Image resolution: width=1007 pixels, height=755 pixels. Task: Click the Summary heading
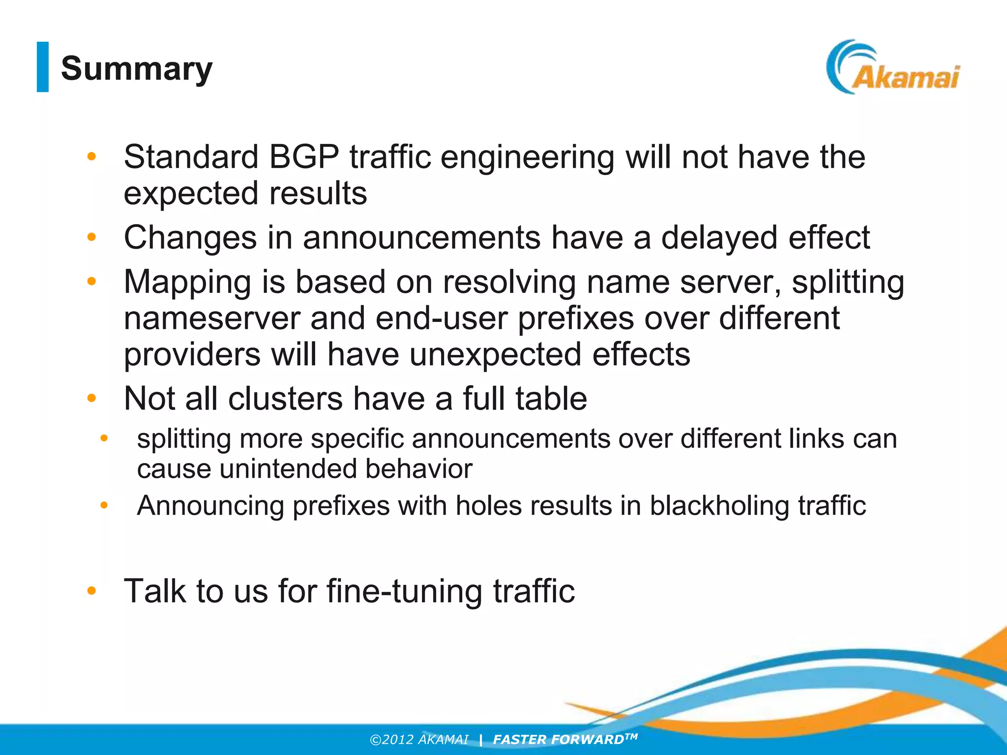(137, 68)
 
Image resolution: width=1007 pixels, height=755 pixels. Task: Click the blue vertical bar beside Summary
(43, 67)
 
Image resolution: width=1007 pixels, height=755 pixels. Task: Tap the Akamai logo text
(905, 78)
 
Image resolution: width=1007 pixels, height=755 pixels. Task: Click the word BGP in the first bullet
(304, 157)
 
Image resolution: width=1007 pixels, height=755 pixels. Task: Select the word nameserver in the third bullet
(212, 318)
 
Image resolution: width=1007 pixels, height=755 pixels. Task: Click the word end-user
(442, 318)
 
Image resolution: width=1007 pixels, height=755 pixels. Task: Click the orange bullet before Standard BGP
(91, 157)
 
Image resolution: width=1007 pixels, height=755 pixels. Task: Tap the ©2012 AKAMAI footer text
(419, 740)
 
